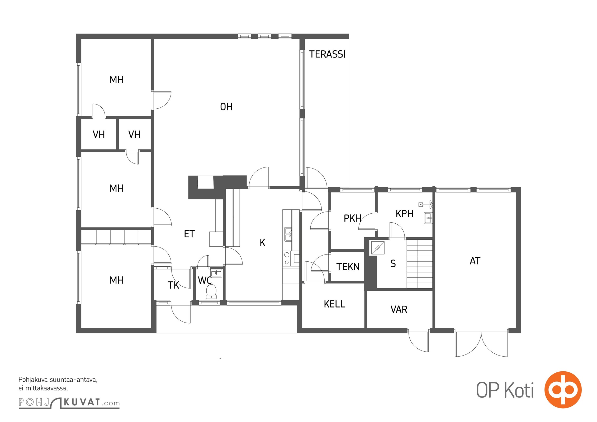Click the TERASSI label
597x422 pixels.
[x=327, y=54]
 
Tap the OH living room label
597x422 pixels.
[x=226, y=107]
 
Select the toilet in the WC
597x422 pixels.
[x=211, y=291]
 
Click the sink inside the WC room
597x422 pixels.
[x=216, y=273]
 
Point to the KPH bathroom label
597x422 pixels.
[x=404, y=214]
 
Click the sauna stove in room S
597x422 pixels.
[x=378, y=248]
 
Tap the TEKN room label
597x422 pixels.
[x=348, y=267]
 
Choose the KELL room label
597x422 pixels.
[x=334, y=304]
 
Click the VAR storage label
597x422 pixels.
[x=399, y=309]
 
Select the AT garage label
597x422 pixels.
[x=475, y=261]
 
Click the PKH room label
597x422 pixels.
[x=352, y=218]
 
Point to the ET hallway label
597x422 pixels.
[x=189, y=234]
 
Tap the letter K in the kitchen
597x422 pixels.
[x=262, y=243]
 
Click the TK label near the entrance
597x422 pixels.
[x=173, y=285]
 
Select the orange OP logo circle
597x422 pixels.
[x=563, y=390]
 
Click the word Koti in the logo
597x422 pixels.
[x=519, y=390]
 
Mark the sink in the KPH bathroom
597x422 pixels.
[x=428, y=218]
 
